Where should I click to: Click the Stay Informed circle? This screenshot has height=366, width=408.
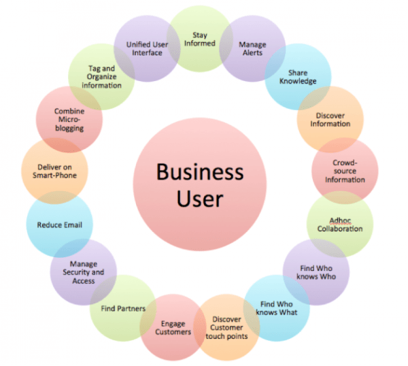click(x=201, y=39)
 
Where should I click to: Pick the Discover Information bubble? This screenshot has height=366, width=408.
click(x=330, y=120)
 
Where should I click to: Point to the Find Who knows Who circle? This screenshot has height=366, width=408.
click(x=316, y=271)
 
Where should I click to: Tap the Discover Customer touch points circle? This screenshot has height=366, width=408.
click(x=226, y=328)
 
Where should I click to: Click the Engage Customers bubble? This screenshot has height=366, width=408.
click(x=173, y=328)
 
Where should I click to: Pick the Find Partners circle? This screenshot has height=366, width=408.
click(x=122, y=308)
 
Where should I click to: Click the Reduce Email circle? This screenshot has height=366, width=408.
click(x=60, y=225)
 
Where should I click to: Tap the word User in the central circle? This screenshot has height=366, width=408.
click(x=200, y=201)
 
